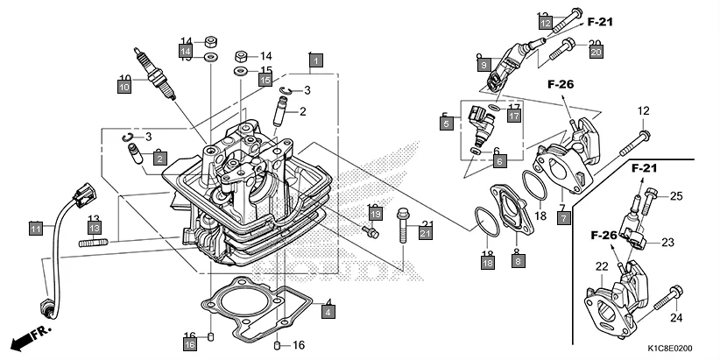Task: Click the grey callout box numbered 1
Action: [316, 61]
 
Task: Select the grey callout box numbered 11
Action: [35, 229]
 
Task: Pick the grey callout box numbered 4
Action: [328, 311]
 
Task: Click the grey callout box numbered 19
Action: [374, 214]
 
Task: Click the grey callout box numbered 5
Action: [447, 124]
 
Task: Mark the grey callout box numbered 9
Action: [483, 64]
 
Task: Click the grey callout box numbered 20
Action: [596, 53]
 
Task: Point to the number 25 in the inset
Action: [676, 195]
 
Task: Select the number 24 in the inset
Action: [675, 317]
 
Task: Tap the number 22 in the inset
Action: [602, 266]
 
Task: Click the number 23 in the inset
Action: [668, 243]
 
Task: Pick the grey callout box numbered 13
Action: [95, 228]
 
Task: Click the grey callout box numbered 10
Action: [124, 86]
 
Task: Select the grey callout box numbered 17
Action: [514, 116]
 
